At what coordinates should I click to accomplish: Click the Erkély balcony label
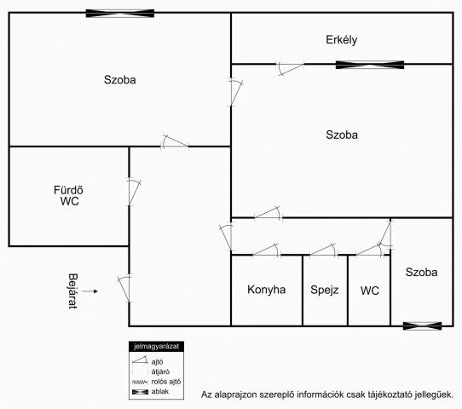[x=342, y=40]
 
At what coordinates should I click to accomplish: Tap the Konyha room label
[x=266, y=290]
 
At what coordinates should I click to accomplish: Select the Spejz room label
[x=325, y=290]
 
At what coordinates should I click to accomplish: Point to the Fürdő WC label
[x=68, y=195]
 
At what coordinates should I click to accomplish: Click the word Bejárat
[x=72, y=291]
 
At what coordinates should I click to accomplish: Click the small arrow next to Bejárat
[x=90, y=291]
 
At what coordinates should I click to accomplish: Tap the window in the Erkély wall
[x=370, y=65]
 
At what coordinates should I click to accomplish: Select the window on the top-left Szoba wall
[x=120, y=14]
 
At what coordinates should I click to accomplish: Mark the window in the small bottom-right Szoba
[x=422, y=326]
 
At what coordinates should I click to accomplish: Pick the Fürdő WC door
[x=133, y=192]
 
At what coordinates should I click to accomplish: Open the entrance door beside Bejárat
[x=124, y=289]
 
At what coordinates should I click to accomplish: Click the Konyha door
[x=266, y=250]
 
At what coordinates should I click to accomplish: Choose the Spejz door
[x=324, y=250]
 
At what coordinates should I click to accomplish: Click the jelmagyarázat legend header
[x=156, y=347]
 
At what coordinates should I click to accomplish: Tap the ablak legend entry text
[x=160, y=392]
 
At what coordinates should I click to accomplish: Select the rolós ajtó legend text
[x=166, y=382]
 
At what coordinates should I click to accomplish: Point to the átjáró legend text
[x=160, y=372]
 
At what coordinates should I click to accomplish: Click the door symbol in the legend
[x=140, y=360]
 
